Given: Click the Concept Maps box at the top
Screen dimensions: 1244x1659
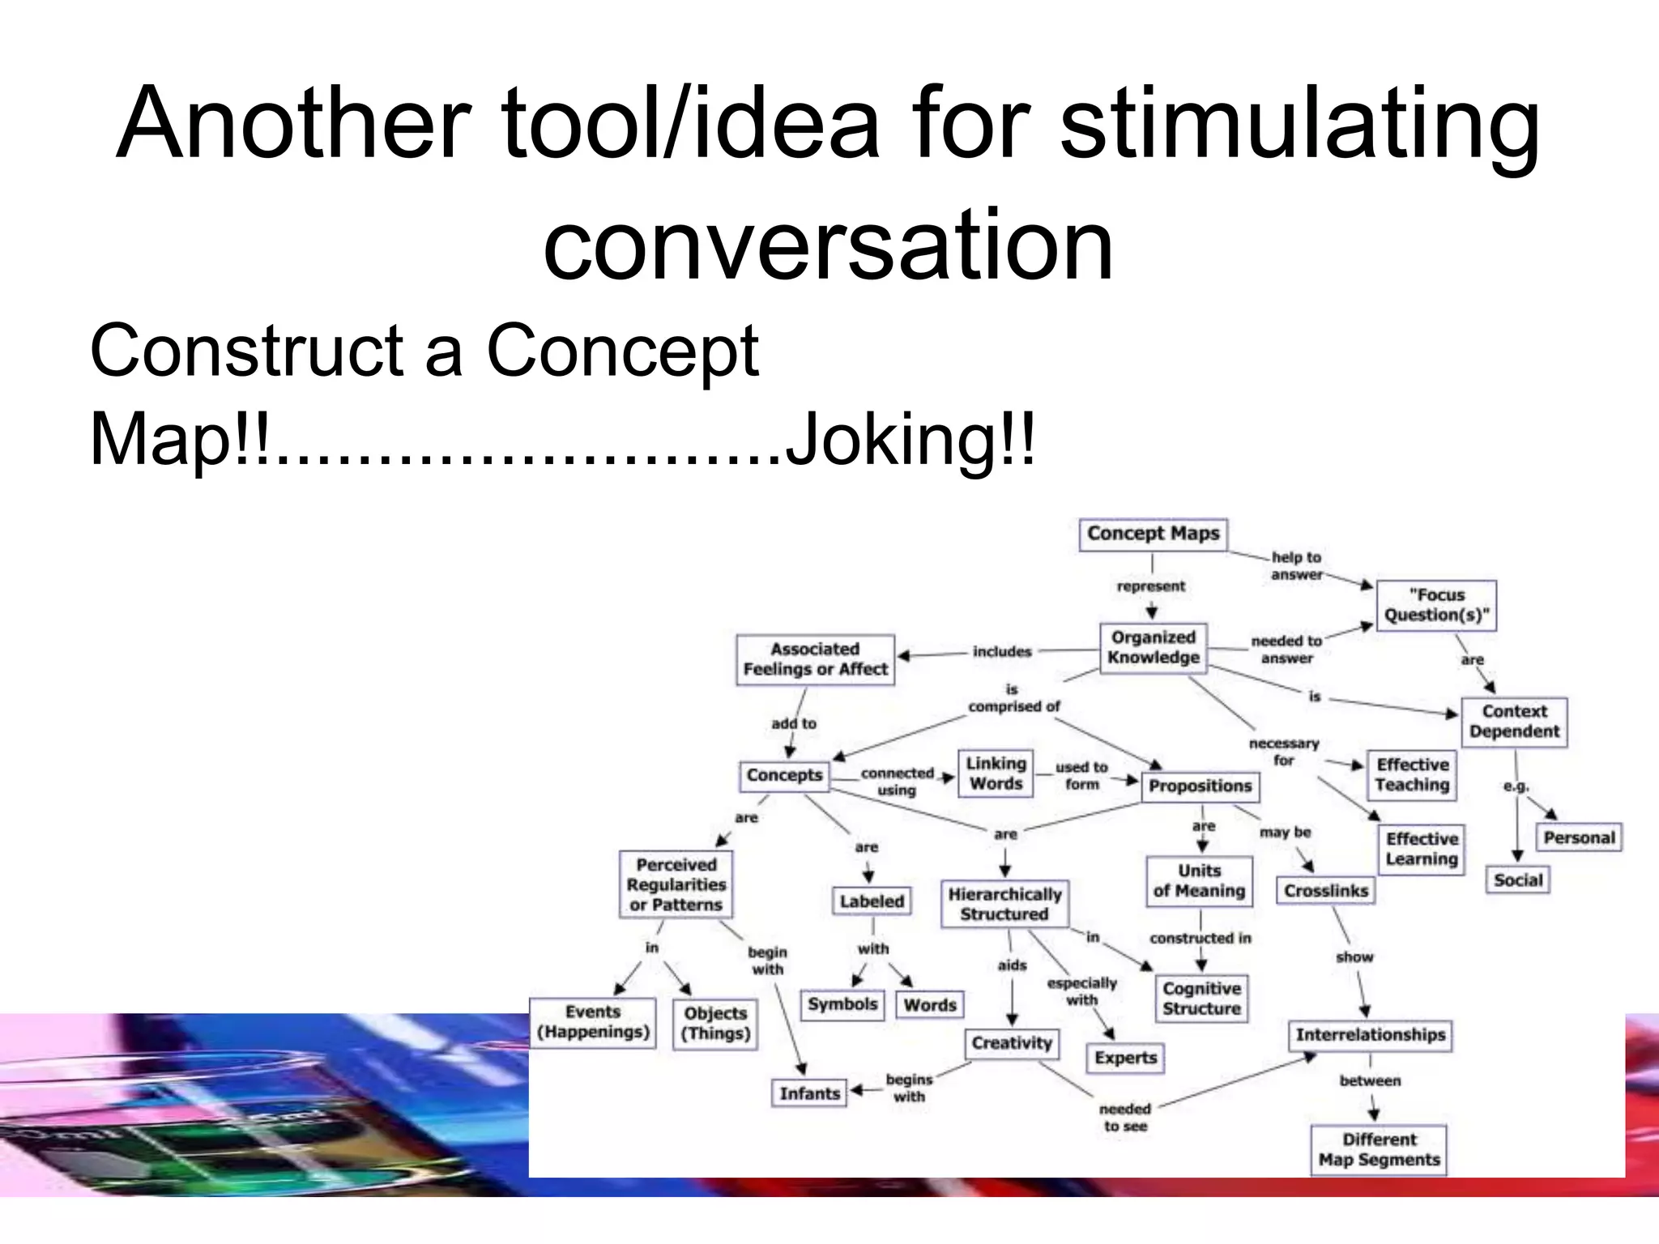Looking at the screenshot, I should (x=1153, y=535).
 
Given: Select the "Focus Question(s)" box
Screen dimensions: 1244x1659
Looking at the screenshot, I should (x=1436, y=605).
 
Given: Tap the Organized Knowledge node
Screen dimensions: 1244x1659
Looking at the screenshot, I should (x=1153, y=647).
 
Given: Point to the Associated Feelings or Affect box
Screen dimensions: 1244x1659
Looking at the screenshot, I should (x=815, y=659).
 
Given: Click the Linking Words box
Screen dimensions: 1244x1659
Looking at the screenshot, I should (x=996, y=773).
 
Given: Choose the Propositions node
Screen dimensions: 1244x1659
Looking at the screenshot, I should (x=1200, y=786).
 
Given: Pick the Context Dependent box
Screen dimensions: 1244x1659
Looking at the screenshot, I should (x=1514, y=722).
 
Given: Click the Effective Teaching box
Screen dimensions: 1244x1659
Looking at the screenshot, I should (x=1412, y=775).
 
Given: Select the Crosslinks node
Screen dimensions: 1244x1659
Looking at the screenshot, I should (x=1325, y=891).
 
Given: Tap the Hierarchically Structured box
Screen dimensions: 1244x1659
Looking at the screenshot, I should (x=1004, y=904).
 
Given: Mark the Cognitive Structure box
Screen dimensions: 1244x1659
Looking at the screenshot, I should (x=1201, y=999).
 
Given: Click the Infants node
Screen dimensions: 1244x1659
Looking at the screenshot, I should (x=809, y=1093).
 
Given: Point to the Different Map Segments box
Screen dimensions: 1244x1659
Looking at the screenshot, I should (x=1379, y=1149).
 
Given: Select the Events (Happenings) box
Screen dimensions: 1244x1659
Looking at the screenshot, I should (x=593, y=1022).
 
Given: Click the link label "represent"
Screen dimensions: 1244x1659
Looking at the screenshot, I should (x=1150, y=586).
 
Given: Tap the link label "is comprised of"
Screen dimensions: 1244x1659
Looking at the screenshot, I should (x=1013, y=698).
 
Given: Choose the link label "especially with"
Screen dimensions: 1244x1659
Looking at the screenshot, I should (x=1081, y=991).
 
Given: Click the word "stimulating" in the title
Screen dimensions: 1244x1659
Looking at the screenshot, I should (x=1299, y=123).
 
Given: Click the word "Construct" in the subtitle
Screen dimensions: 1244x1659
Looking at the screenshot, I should (x=246, y=351).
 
